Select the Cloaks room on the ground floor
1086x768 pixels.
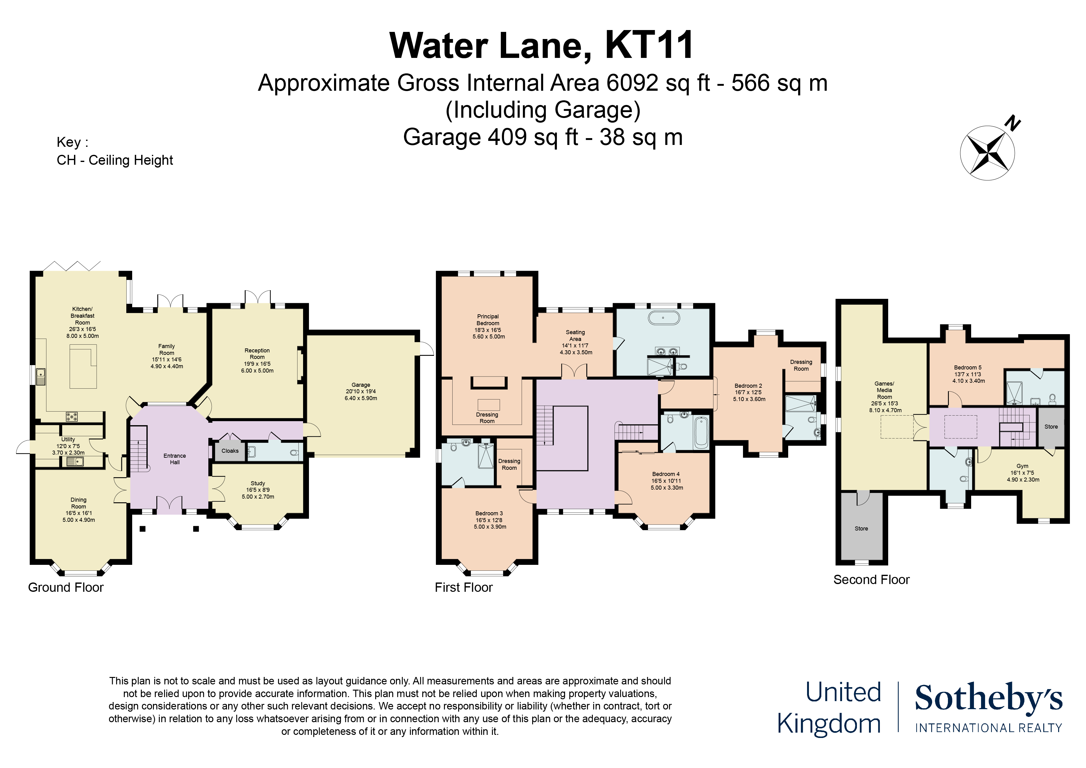coord(230,451)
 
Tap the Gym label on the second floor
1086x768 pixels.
coord(1022,466)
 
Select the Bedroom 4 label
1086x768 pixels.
coord(666,474)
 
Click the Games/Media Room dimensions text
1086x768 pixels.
coord(884,407)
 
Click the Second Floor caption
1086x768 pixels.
coord(871,580)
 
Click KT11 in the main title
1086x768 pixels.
coord(649,46)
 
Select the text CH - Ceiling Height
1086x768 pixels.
coord(115,160)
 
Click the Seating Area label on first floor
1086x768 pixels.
coord(575,335)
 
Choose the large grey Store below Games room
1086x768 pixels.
coord(861,529)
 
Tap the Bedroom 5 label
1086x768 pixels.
coord(967,368)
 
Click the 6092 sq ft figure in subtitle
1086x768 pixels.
coord(658,83)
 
